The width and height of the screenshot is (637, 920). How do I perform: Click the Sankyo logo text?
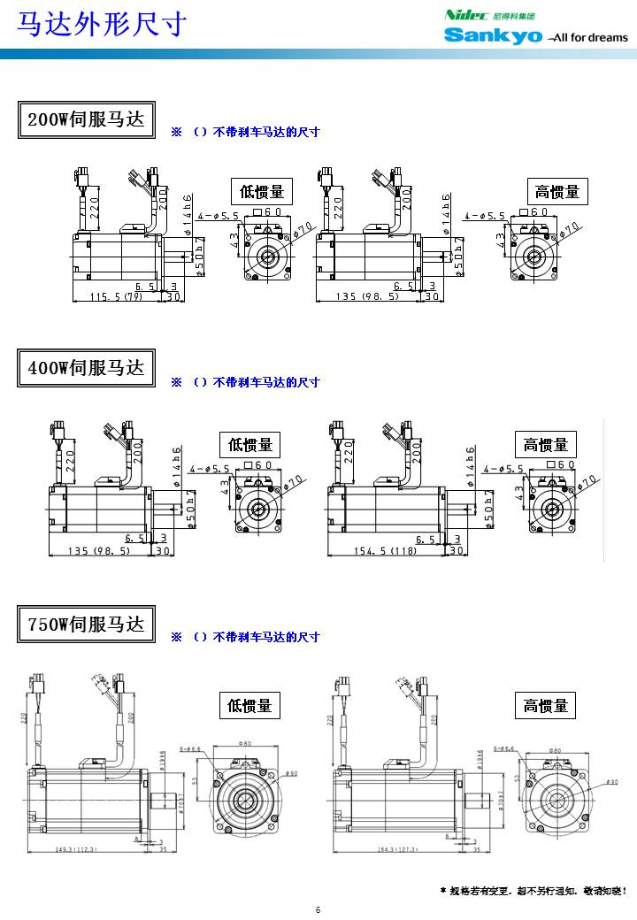click(493, 35)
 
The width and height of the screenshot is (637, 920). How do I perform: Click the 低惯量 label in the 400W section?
click(250, 445)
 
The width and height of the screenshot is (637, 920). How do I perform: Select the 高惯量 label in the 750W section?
click(546, 705)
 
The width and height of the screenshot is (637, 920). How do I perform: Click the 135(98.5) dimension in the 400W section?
click(99, 550)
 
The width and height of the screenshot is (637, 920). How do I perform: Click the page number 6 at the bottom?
click(318, 909)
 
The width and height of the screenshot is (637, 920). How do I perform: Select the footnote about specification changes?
click(533, 890)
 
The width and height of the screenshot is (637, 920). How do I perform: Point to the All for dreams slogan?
click(588, 38)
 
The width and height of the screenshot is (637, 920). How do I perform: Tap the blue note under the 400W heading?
click(245, 382)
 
